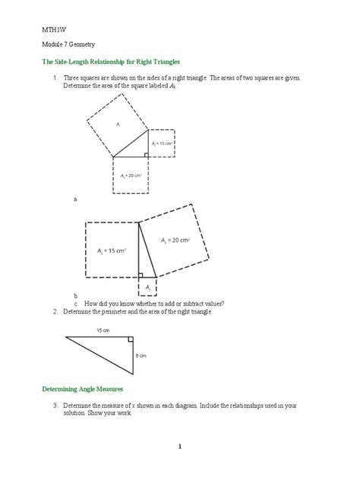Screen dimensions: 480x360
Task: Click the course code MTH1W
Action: [x=51, y=29]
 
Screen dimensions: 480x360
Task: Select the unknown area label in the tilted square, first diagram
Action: [x=118, y=122]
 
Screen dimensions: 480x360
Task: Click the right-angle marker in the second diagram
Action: [x=142, y=275]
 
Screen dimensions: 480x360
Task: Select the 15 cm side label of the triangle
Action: [x=102, y=330]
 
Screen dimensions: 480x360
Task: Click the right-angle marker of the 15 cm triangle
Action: [x=131, y=340]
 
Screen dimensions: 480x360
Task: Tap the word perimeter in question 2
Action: [x=110, y=311]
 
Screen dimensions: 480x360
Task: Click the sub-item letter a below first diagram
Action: [x=75, y=199]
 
